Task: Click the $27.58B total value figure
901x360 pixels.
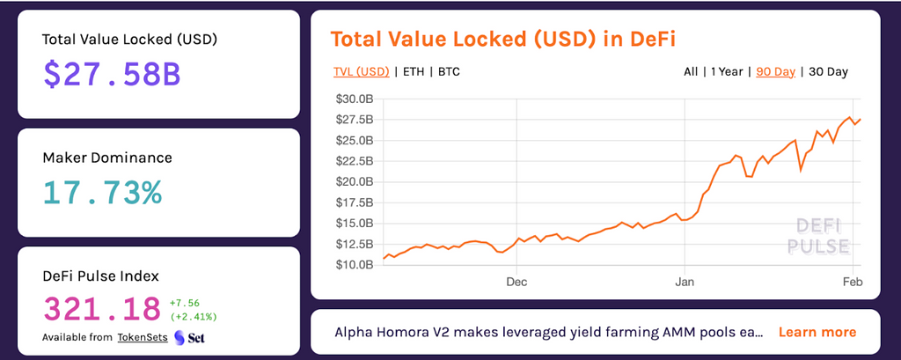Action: click(112, 75)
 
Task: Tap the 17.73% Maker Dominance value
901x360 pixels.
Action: click(102, 194)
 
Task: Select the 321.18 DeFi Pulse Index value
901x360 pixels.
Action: click(102, 309)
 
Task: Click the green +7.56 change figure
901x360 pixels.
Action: click(185, 303)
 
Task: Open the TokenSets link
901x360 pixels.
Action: click(143, 338)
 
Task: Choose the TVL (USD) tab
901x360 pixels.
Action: click(362, 72)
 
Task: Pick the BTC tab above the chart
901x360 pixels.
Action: click(449, 72)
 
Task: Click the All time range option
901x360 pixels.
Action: click(691, 72)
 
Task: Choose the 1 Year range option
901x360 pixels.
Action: click(727, 72)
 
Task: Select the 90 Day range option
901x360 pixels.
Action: click(776, 72)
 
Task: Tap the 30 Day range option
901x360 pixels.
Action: click(828, 72)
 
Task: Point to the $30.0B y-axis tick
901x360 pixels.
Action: click(354, 99)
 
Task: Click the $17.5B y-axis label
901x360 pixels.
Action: click(354, 202)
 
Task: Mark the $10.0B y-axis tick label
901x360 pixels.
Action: click(354, 265)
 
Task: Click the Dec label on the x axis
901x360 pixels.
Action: click(516, 283)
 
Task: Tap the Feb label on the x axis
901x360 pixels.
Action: click(853, 283)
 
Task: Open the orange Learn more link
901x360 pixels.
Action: click(817, 332)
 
